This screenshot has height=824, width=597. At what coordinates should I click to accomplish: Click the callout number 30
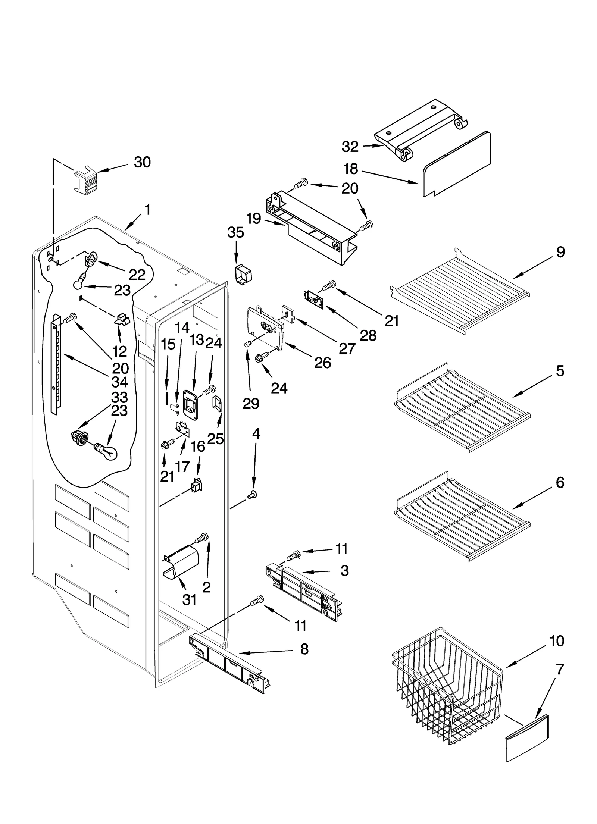point(142,162)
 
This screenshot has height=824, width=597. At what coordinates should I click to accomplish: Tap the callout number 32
point(350,147)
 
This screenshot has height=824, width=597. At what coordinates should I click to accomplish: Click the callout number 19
point(254,219)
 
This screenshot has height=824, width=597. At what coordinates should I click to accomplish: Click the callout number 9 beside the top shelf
point(560,253)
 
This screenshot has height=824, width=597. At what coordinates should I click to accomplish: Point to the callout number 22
point(137,275)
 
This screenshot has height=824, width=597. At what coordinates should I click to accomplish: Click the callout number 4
point(256,434)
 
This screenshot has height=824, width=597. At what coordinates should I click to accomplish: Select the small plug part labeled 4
point(253,495)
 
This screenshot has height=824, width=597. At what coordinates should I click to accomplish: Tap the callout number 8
point(304,649)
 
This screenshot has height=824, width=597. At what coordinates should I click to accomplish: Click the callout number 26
point(323,363)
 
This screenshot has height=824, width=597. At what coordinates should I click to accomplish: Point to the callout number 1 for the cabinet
point(148,210)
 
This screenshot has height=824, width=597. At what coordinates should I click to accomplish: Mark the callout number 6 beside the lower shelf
point(560,483)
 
